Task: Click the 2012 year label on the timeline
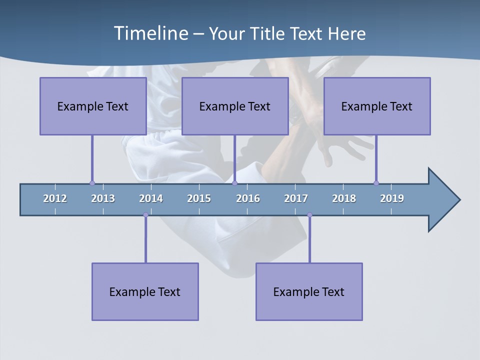[55, 198]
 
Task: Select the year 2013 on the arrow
[103, 198]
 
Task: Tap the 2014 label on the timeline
[151, 198]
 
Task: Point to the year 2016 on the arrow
[248, 198]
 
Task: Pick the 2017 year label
[296, 198]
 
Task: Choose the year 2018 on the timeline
[344, 198]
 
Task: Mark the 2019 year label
[392, 198]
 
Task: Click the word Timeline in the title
[150, 33]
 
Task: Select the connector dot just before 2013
[92, 183]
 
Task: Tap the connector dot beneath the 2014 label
[145, 215]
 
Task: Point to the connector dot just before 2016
[234, 183]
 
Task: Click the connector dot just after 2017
[309, 215]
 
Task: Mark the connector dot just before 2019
[376, 183]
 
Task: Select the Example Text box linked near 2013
[93, 106]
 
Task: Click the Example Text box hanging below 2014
[145, 291]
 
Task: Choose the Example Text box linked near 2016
[235, 106]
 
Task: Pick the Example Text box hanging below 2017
[309, 291]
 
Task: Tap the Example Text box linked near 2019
[377, 106]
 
